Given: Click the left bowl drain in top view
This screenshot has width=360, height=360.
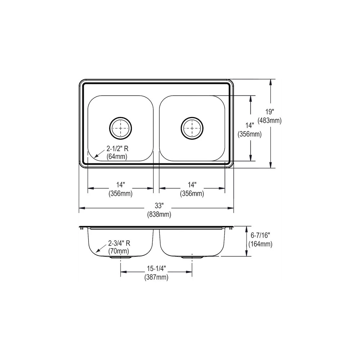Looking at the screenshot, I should coord(121,128).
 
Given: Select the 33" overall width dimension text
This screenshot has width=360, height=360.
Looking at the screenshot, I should coord(159,206).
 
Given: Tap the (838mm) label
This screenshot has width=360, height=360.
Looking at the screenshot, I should coord(159,215).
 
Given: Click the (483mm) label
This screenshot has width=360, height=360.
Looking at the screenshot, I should coord(270,121).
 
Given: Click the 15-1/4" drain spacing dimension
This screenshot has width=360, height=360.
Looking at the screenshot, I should coord(156,269).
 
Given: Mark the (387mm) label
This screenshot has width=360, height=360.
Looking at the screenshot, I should coord(156,278).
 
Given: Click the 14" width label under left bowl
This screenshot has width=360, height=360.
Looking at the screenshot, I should coord(121,185).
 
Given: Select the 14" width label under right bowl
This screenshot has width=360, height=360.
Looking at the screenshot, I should coord(192,185).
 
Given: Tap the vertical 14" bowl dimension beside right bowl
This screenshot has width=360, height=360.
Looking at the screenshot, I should coord(250,125).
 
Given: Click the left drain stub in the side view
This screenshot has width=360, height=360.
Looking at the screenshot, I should coord(121,258).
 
